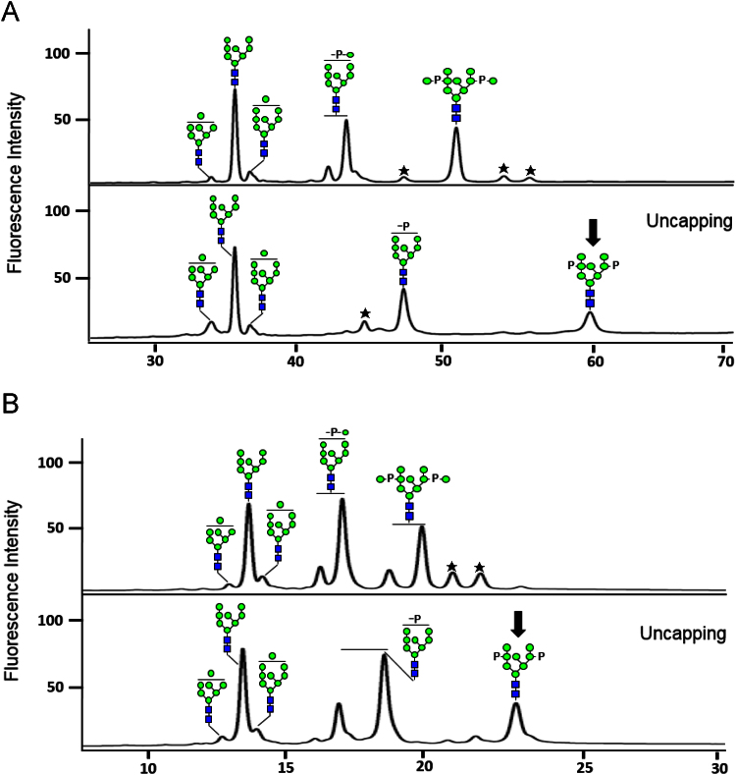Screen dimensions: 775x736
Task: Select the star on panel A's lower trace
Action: click(365, 313)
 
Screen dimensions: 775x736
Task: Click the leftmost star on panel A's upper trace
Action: click(403, 171)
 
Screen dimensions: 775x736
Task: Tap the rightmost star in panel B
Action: click(480, 567)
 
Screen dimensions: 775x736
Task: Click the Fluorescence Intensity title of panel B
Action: click(14, 579)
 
